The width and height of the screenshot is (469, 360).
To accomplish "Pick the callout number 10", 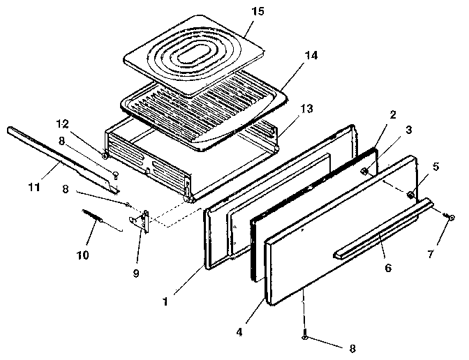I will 82,256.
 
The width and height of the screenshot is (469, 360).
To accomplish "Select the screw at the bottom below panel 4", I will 305,337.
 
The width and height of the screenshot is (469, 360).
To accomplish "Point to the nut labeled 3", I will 364,171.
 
